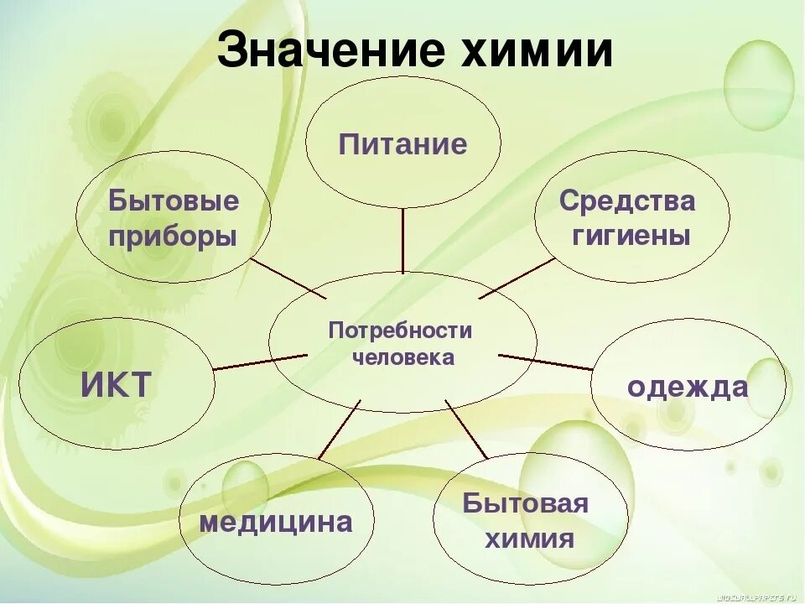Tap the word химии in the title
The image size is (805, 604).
pos(537,53)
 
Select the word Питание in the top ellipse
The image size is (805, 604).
pos(402,144)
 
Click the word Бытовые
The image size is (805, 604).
pos(174,201)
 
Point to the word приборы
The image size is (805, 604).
pos(174,236)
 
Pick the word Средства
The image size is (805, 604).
pos(627,201)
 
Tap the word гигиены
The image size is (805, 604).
pos(631,236)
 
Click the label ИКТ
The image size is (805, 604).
pos(116,386)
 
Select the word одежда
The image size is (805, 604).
pos(688,387)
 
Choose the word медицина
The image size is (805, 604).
pos(275,523)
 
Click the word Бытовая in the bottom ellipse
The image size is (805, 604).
pos(527,504)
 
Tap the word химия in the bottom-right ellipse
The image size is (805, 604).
pos(529,538)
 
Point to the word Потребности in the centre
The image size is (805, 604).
pos(401,330)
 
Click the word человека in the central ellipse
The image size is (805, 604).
pos(403,358)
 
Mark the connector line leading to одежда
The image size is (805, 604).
pos(545,362)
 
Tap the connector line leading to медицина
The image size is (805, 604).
pos(339,430)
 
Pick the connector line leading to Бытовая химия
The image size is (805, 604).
pos(466,429)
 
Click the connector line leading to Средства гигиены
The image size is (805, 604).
pos(517,278)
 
